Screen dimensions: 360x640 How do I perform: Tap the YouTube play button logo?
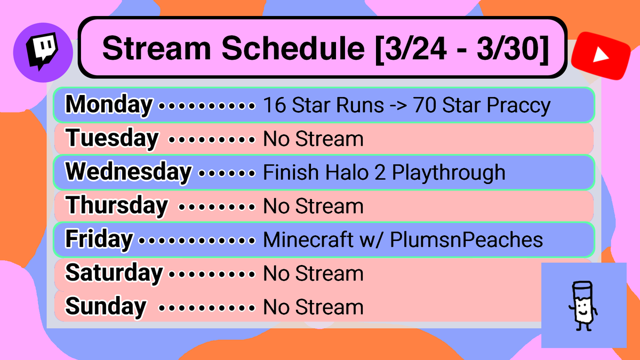pos(600,55)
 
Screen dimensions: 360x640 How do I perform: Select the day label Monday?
pos(109,105)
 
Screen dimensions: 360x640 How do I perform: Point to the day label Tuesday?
pos(112,139)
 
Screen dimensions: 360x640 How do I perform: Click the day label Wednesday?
pos(128,172)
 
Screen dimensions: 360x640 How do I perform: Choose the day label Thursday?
pos(117,205)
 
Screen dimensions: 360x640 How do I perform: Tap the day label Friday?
pos(99,239)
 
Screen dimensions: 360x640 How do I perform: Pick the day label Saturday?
pos(114,273)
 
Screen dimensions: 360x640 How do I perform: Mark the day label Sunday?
pos(106,307)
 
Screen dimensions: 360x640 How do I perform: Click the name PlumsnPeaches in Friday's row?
pos(466,240)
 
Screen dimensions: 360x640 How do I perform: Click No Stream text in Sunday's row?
pos(313,307)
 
